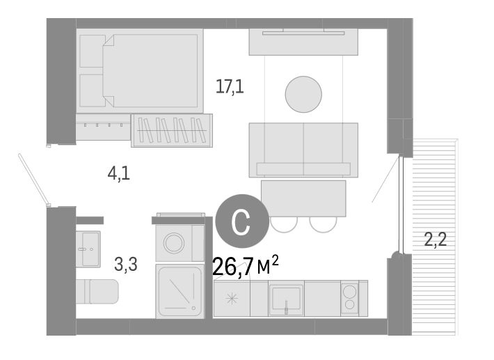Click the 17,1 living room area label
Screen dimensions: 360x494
point(230,87)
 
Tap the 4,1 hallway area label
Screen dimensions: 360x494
point(118,173)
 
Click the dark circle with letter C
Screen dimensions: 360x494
point(240,221)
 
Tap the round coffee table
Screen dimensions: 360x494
point(303,93)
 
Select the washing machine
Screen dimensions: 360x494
point(179,241)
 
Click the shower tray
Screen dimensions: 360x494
point(179,292)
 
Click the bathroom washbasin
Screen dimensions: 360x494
point(88,249)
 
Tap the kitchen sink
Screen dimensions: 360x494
point(286,299)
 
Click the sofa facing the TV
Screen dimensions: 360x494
point(303,150)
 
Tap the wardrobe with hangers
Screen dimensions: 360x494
point(172,130)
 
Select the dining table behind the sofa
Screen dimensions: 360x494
point(303,198)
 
